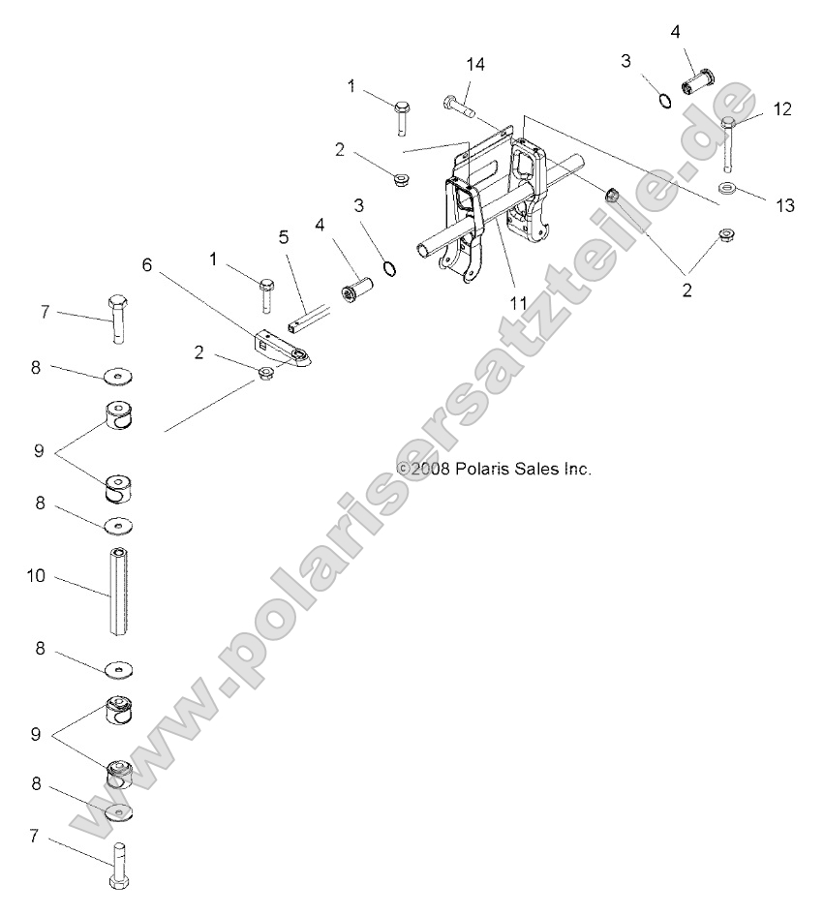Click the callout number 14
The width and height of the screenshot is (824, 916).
coord(474,65)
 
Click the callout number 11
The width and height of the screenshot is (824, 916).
coord(518,303)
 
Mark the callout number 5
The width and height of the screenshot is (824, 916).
coord(284,235)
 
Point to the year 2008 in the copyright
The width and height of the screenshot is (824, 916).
coord(430,469)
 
